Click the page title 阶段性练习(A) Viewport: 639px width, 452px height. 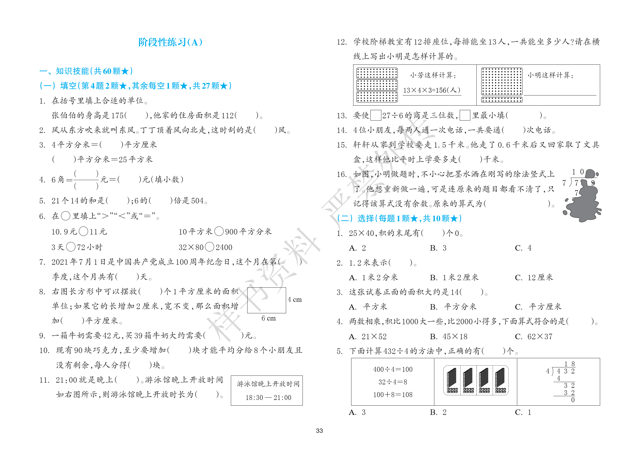point(170,42)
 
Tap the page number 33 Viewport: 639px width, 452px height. point(319,431)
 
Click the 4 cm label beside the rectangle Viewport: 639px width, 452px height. point(295,300)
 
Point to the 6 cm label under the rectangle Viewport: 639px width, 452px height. point(269,318)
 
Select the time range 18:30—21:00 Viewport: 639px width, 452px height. point(268,398)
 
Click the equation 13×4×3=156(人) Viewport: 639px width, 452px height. point(431,90)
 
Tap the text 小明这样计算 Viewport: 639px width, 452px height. point(550,75)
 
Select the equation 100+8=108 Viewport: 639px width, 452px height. point(393,395)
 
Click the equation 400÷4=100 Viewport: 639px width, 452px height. point(393,369)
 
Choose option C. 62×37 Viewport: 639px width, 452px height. point(534,336)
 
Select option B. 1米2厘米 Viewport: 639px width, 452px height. point(454,278)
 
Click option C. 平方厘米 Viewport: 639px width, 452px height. point(538,307)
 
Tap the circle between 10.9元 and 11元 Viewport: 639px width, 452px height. point(83,231)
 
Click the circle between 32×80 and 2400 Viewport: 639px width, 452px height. point(210,247)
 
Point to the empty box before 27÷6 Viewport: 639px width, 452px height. point(376,115)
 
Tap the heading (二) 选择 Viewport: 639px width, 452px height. point(399,218)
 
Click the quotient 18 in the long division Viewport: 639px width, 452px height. point(569,364)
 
